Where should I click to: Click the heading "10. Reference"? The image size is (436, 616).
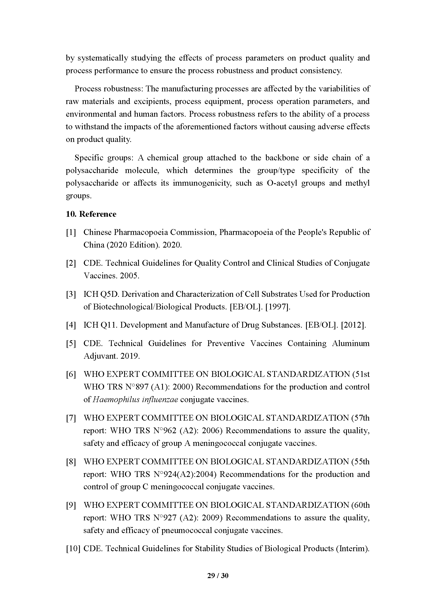click(91, 214)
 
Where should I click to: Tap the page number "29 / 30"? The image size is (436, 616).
click(218, 575)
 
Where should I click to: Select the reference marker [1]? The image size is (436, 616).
click(71, 232)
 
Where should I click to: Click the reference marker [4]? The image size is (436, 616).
click(71, 325)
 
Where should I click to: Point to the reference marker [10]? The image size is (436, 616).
click(73, 548)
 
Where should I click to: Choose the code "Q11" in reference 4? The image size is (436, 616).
click(109, 325)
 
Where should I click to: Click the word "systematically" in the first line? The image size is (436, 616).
click(103, 58)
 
